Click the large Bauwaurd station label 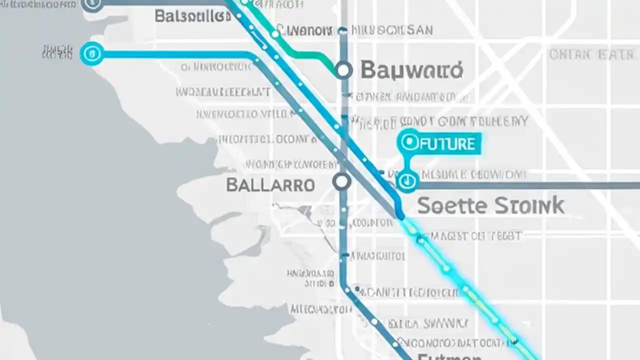411,71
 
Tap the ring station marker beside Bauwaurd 343,70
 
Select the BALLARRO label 270,185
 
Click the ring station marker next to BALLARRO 342,181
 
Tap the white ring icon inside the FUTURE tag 410,142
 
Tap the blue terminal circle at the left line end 92,53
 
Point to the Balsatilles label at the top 192,16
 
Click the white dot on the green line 274,34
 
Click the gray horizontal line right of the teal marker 525,185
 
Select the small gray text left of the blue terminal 58,52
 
